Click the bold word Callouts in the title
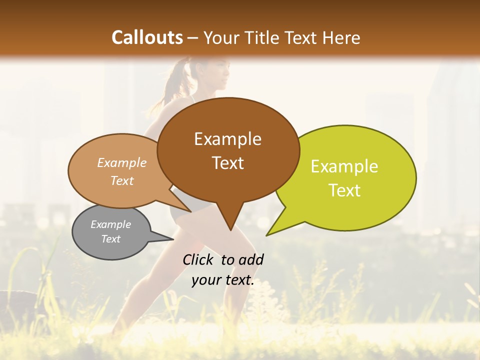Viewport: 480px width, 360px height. tap(147, 37)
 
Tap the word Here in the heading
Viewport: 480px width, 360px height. tap(341, 37)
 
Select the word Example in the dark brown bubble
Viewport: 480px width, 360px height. tap(227, 139)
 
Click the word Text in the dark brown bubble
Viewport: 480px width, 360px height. tap(227, 163)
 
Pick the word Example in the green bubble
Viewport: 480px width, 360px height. tap(344, 166)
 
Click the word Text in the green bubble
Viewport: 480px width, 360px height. tap(344, 190)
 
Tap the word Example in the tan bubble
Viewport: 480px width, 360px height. tap(122, 163)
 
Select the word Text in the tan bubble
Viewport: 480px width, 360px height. tap(122, 180)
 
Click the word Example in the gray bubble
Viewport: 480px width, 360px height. tap(110, 224)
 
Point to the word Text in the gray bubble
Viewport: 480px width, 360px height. tap(110, 239)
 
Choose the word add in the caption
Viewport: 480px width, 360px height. tap(251, 259)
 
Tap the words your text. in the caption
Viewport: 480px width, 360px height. tap(222, 280)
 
